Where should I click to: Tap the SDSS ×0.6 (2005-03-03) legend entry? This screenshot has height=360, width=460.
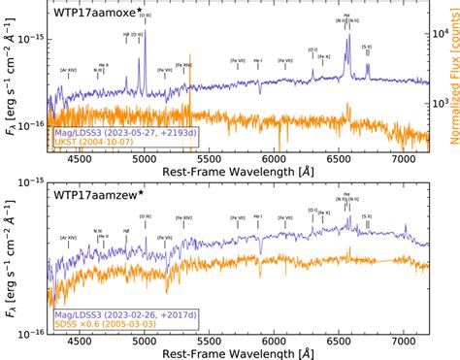102,324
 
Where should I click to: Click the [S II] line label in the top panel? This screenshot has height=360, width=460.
367,47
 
